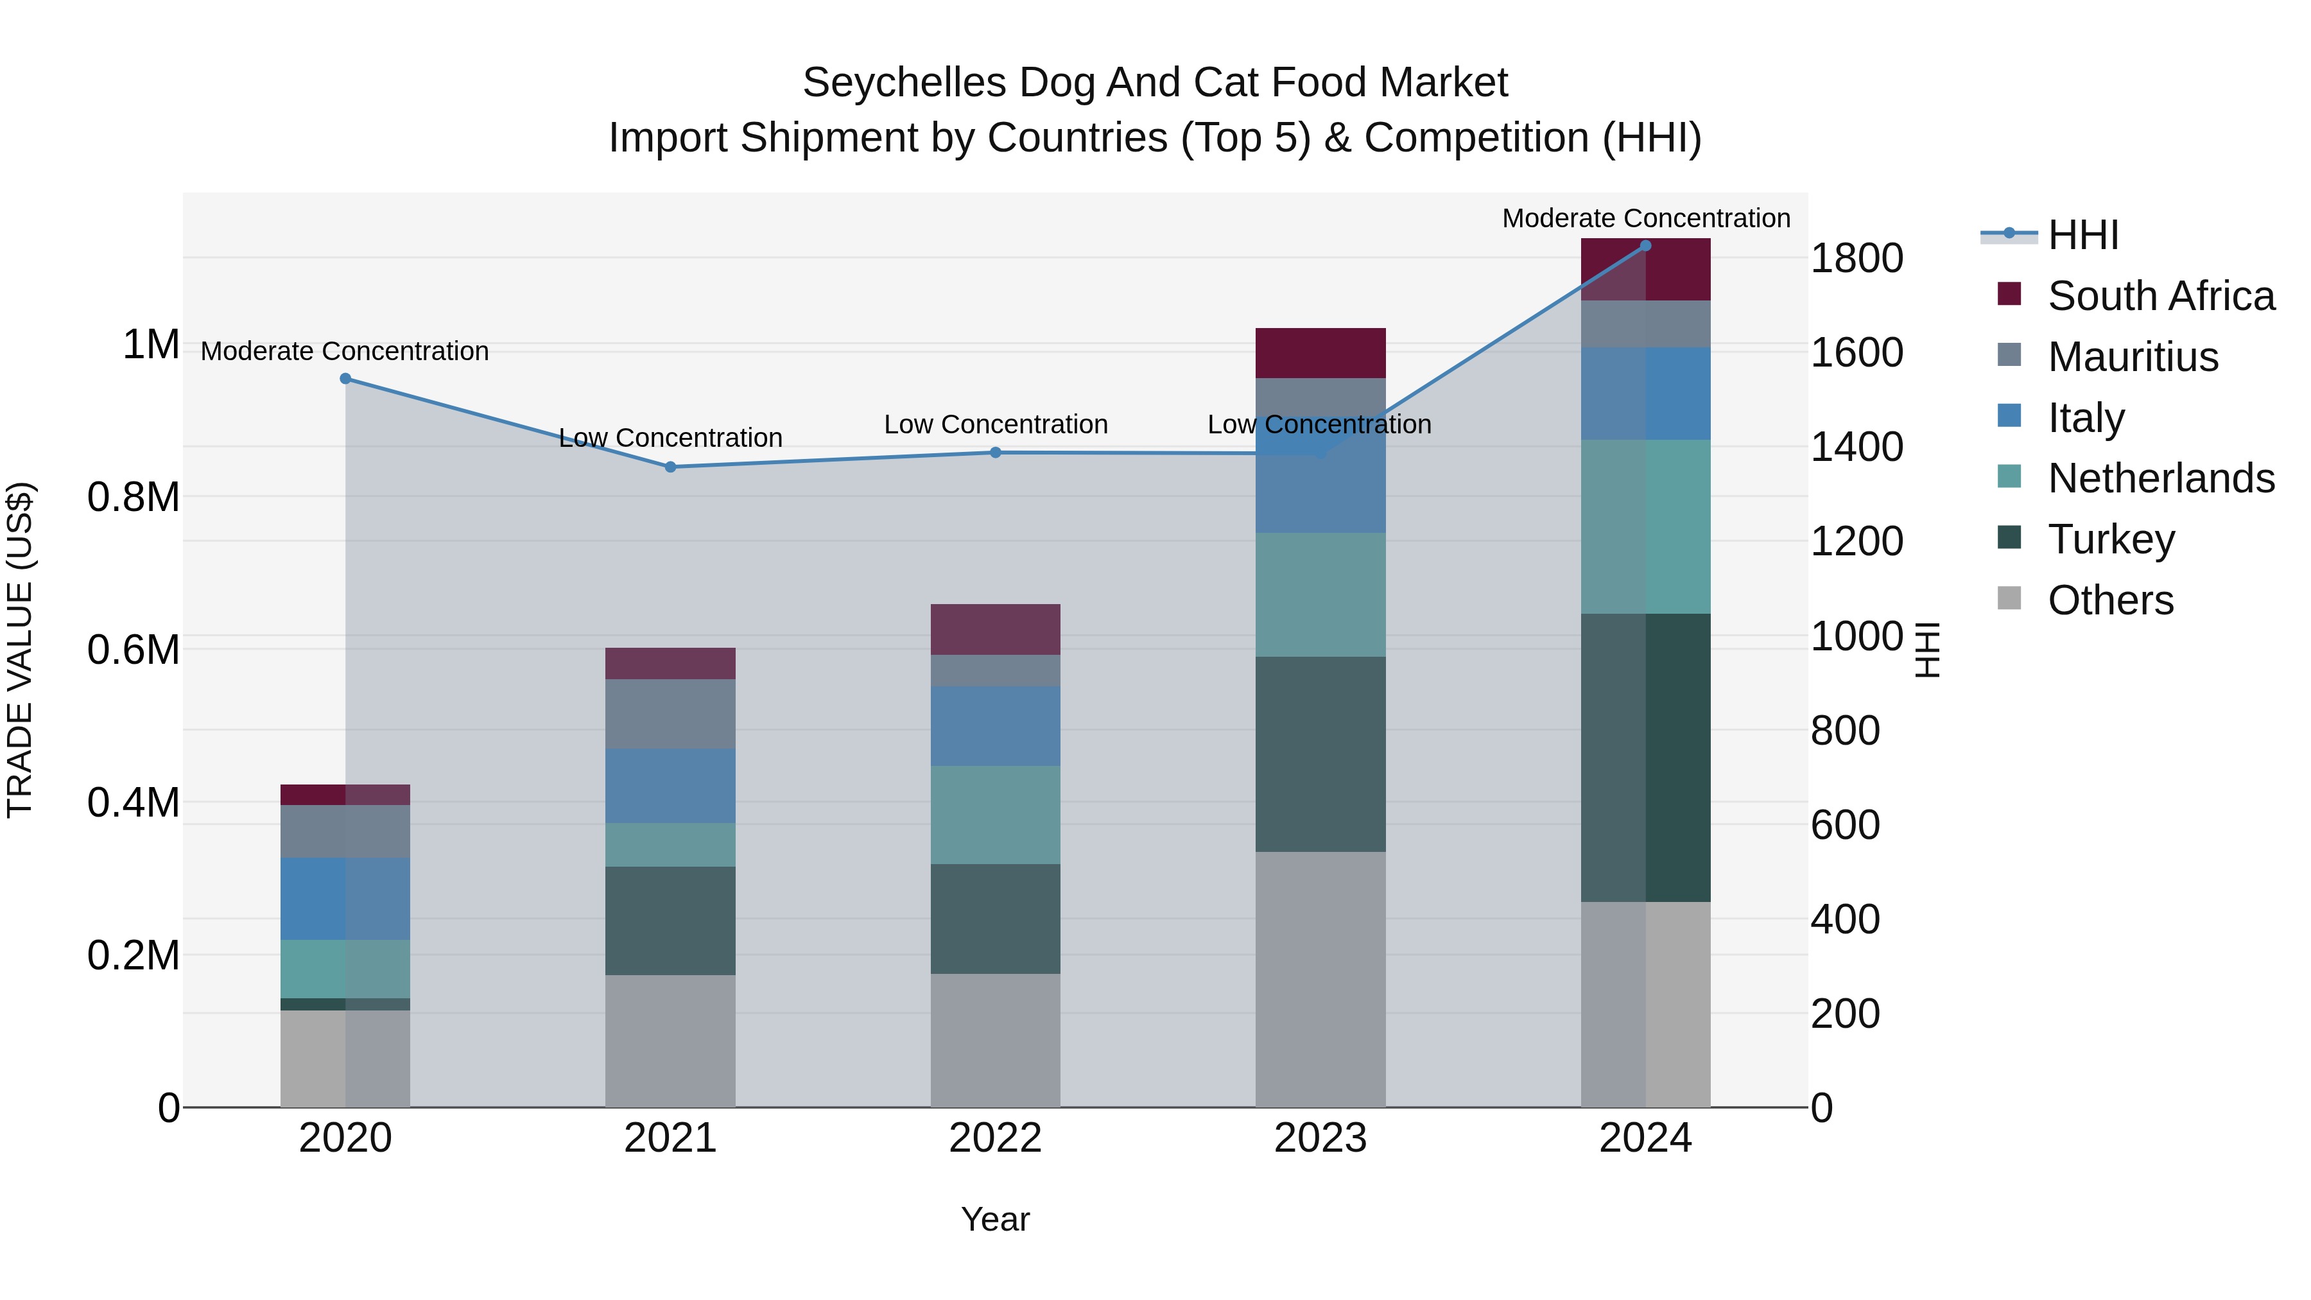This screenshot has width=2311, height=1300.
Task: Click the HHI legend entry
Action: [x=2081, y=235]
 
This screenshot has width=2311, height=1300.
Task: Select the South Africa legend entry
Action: [x=2160, y=296]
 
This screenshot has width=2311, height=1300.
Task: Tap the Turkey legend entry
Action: [x=2110, y=539]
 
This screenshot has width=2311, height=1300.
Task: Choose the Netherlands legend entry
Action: [x=2160, y=478]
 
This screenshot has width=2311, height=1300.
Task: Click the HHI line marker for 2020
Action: [x=345, y=379]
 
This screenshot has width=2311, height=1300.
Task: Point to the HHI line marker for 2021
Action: [x=670, y=467]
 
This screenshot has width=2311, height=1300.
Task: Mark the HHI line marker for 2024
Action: [x=1645, y=246]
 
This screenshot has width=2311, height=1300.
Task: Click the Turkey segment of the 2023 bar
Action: [x=1320, y=754]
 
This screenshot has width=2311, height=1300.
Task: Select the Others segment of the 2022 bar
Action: [x=995, y=1040]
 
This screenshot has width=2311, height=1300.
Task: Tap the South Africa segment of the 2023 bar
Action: [x=1320, y=352]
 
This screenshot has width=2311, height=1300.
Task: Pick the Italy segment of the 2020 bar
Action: [x=345, y=898]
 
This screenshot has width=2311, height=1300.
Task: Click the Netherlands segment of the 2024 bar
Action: [x=1645, y=526]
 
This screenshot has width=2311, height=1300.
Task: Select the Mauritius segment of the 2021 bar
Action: [x=670, y=713]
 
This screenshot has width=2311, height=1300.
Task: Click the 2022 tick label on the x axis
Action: [x=995, y=1138]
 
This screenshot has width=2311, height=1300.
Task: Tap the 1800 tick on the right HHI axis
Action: [x=1856, y=258]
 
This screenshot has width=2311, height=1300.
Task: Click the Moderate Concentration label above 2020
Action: [x=345, y=351]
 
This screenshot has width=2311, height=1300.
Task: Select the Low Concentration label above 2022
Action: [x=996, y=424]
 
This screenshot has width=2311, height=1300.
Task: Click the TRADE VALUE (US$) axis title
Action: [x=20, y=650]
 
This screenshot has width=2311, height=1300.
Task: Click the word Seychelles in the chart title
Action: [x=903, y=83]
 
